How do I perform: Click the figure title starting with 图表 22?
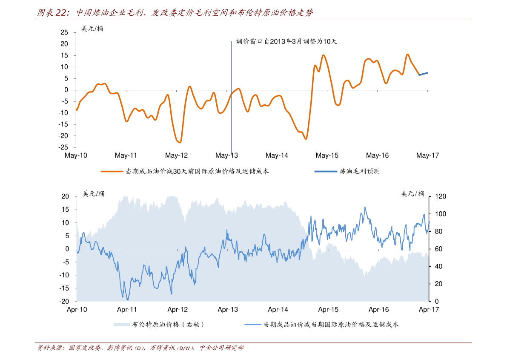point(175,13)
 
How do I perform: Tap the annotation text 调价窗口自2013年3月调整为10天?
point(286,41)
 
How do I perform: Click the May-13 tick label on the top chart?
point(226,156)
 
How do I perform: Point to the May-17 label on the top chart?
point(427,156)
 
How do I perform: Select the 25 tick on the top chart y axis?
point(64,32)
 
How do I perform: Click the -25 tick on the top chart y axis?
point(63,147)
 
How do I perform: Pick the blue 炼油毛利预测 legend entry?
point(347,171)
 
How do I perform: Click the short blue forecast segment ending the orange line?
point(424,74)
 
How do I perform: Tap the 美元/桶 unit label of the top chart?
point(92,29)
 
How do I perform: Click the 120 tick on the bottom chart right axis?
point(440,196)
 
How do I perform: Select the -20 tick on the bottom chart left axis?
point(65,301)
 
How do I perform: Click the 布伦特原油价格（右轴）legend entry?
point(159,325)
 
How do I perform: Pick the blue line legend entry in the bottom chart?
point(322,325)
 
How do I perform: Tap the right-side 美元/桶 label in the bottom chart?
point(413,194)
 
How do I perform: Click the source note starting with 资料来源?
point(140,348)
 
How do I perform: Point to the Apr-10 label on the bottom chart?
point(77,310)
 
